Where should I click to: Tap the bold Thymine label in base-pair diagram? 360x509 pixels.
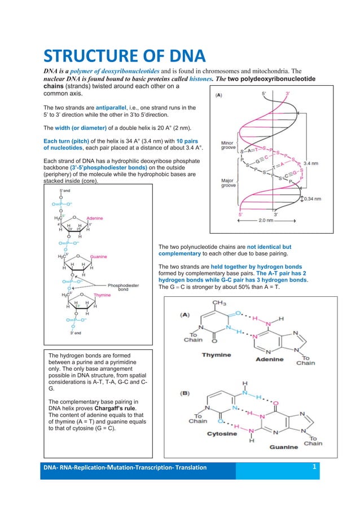[x=217, y=355]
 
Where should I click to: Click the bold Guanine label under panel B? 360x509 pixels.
[x=282, y=447]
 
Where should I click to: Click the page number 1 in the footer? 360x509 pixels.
[x=314, y=467]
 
